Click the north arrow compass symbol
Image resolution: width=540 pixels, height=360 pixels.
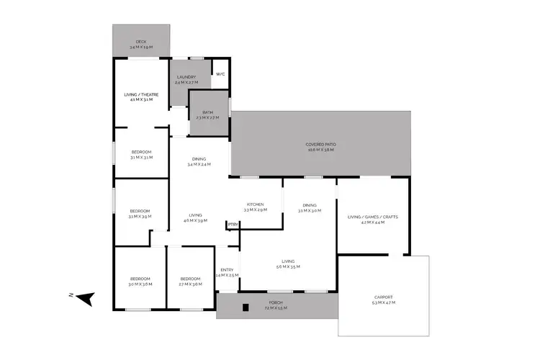[x=86, y=297]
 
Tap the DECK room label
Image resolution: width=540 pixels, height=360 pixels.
[x=141, y=42]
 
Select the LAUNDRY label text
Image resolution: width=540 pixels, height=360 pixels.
[x=186, y=76]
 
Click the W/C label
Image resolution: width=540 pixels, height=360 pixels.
[x=220, y=73]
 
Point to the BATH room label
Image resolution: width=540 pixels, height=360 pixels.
[x=207, y=112]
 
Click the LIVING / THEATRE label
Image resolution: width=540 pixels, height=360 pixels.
[x=141, y=94]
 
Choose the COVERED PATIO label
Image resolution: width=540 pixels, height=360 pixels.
[x=322, y=145]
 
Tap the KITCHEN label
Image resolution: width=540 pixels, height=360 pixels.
[x=255, y=204]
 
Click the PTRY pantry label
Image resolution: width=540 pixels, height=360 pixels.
[x=233, y=225]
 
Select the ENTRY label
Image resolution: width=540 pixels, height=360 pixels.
[x=227, y=270]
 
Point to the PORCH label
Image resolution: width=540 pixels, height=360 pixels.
[x=276, y=302]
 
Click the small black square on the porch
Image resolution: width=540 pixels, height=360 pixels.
[x=246, y=308]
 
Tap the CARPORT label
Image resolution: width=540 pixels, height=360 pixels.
[x=384, y=297]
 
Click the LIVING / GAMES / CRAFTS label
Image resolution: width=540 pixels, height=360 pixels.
[x=372, y=217]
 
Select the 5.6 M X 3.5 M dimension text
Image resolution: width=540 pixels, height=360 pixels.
[x=287, y=267]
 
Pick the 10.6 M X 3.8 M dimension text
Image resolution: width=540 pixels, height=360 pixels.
[x=322, y=150]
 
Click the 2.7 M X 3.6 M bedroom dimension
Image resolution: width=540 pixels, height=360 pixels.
[x=190, y=284]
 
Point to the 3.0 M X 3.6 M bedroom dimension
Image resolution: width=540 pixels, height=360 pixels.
[x=140, y=284]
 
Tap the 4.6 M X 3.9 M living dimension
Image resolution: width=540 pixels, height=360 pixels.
[x=195, y=221]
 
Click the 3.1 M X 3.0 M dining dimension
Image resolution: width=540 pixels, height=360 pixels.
[x=309, y=210]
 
